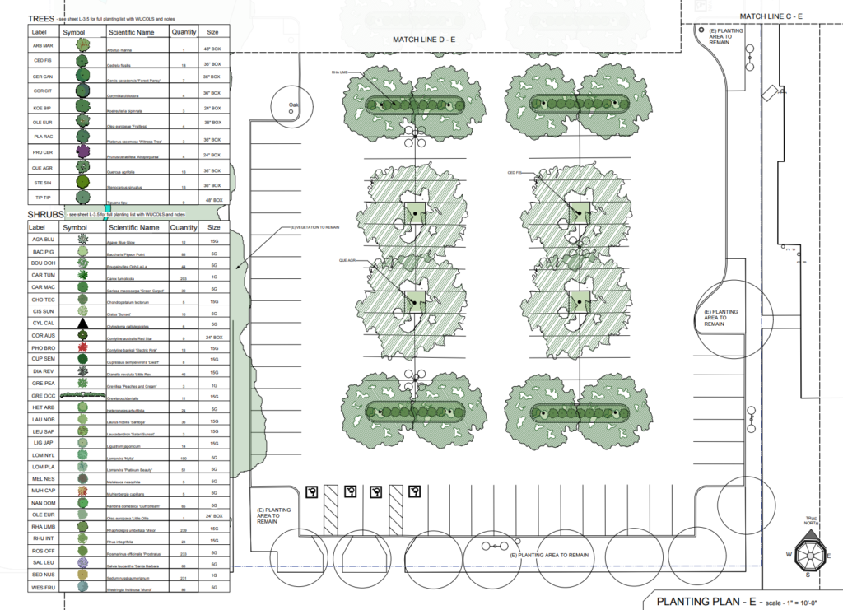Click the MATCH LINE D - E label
coord(431,40)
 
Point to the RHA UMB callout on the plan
coord(340,72)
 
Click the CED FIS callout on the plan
coord(516,173)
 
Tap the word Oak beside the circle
coord(291,105)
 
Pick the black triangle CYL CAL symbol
coord(82,324)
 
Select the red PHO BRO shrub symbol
coord(82,347)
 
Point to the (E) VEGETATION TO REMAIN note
coord(314,228)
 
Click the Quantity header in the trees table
coord(183,32)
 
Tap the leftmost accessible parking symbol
coord(313,491)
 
